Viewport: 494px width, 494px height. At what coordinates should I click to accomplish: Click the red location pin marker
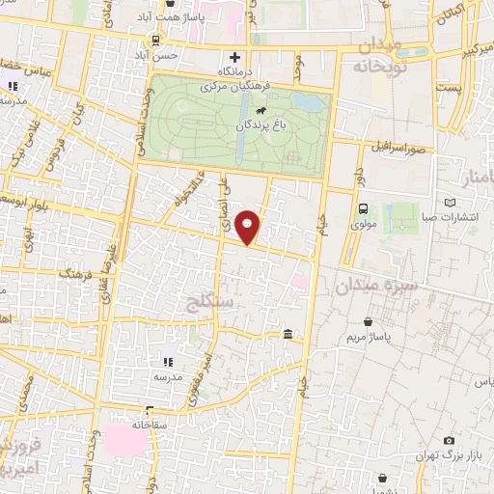coord(249,227)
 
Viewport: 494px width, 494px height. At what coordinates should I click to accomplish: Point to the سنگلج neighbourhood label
coord(213,303)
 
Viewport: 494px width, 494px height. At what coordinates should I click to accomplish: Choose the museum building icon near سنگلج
coord(288,335)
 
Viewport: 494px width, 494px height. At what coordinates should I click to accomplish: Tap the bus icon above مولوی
coord(363,209)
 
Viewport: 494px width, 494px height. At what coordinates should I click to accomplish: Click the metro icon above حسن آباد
coord(155,40)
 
